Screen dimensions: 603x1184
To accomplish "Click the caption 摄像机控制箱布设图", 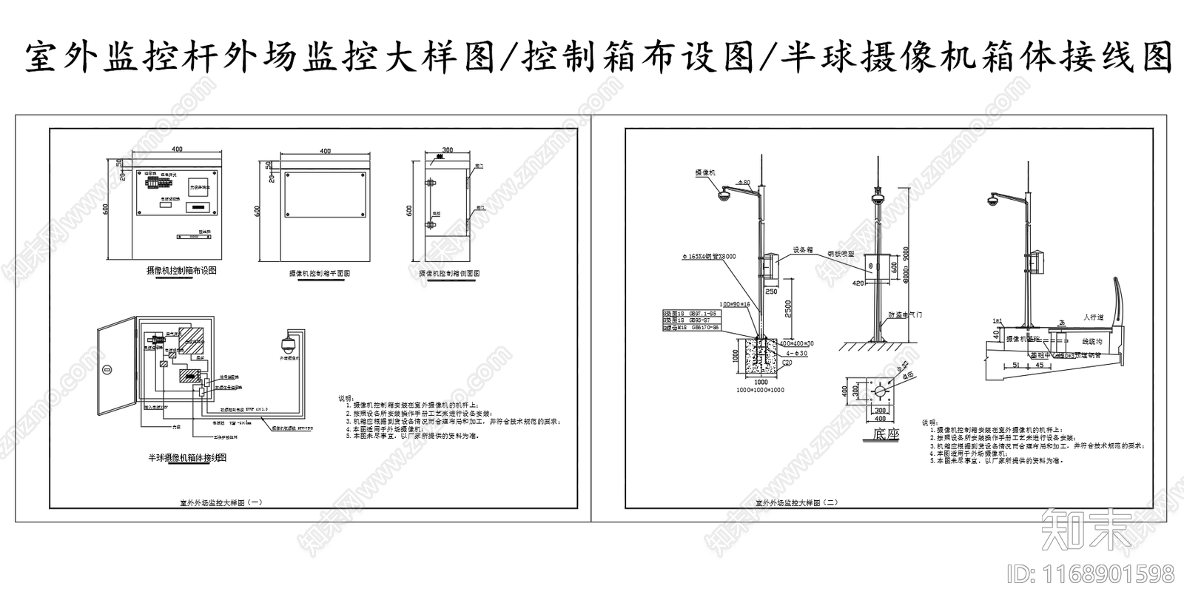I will [x=181, y=271].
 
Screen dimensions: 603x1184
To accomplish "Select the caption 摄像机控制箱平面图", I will [x=319, y=273].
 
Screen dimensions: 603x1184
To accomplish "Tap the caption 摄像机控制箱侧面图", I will [x=449, y=273].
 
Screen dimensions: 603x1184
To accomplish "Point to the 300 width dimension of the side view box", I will [x=447, y=150].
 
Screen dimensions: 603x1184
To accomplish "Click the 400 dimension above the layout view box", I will [x=177, y=149].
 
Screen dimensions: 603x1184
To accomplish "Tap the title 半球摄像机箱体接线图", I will [x=187, y=458].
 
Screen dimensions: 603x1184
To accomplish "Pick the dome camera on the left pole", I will [x=723, y=195].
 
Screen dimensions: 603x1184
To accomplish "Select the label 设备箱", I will [x=803, y=250].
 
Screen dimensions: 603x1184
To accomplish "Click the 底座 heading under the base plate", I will [x=886, y=434].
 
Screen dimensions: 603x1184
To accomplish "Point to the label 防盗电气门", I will [x=905, y=314].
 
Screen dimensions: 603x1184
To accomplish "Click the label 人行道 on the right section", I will [x=1092, y=317].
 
